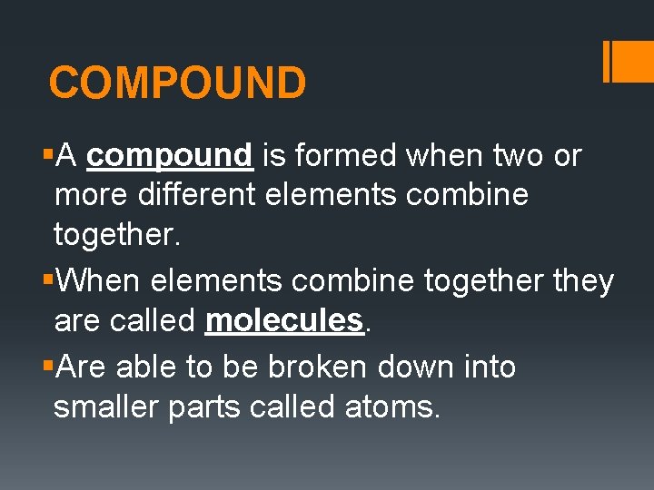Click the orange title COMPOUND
(177, 83)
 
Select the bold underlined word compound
(169, 156)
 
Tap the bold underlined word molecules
(284, 320)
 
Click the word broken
(306, 367)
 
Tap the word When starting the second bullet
(98, 281)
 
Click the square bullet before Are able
(47, 367)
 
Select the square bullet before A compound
(47, 157)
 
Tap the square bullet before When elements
(47, 281)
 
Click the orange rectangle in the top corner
(634, 62)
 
